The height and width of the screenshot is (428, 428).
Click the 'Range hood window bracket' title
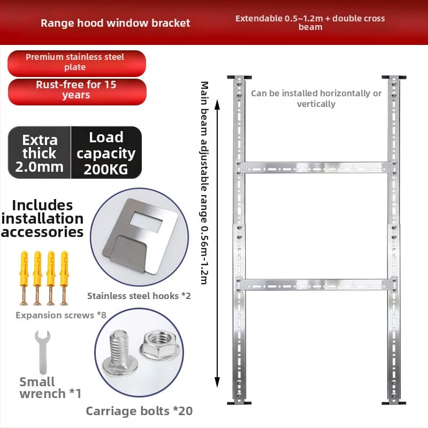(115, 23)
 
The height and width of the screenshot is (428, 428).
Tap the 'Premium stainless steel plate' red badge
(77, 63)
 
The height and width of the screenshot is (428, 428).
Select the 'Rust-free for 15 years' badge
(77, 91)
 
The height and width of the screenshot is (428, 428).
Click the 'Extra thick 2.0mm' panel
(39, 152)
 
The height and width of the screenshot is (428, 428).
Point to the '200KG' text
(105, 170)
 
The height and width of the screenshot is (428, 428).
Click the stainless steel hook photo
(139, 237)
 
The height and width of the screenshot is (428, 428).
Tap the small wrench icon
(43, 352)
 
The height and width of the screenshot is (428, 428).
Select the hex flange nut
(159, 345)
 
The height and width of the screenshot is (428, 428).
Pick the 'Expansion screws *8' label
(61, 315)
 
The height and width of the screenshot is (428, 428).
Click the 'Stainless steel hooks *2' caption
(139, 296)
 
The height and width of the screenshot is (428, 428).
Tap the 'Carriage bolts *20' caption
(139, 411)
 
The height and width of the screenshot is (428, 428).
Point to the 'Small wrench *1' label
(50, 387)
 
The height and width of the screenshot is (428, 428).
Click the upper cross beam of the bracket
(317, 167)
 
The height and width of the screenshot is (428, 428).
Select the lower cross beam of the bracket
(317, 285)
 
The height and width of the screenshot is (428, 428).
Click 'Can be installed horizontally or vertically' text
(316, 98)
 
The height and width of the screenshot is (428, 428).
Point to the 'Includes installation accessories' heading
(42, 219)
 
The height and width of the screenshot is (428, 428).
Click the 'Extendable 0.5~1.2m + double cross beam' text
(310, 22)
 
